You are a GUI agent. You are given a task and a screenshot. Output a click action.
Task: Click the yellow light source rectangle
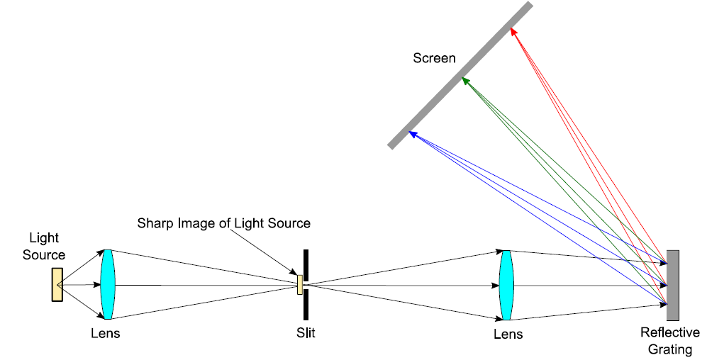[57, 284]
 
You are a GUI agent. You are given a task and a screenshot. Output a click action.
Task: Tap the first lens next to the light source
[107, 283]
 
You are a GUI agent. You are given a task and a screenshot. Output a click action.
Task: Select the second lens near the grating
[506, 285]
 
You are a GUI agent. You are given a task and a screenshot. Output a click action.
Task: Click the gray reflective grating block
[672, 285]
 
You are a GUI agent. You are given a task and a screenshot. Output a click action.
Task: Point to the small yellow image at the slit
[300, 284]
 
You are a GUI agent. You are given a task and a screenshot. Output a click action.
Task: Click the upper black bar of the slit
[306, 261]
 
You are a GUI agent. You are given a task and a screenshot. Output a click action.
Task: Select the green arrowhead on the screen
[464, 81]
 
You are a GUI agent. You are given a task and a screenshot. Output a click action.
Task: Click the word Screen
[434, 58]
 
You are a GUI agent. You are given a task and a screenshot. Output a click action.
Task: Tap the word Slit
[306, 332]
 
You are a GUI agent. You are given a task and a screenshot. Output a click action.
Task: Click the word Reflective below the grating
[669, 333]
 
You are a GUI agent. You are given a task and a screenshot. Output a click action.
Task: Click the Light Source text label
[44, 247]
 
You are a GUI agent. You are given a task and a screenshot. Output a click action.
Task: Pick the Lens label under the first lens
[106, 332]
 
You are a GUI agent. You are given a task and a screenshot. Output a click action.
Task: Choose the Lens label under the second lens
[508, 334]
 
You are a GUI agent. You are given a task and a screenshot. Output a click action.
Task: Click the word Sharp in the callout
[153, 223]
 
